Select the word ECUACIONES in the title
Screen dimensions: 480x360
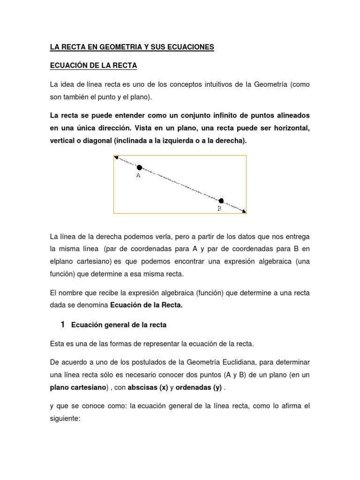pyautogui.click(x=190, y=47)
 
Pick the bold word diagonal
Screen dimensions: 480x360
pyautogui.click(x=93, y=140)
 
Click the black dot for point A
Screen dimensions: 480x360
pyautogui.click(x=139, y=167)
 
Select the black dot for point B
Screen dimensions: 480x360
pyautogui.click(x=221, y=201)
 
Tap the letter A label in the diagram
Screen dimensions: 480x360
pyautogui.click(x=138, y=176)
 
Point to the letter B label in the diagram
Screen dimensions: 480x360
pyautogui.click(x=219, y=209)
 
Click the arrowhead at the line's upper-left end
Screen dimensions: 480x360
pyautogui.click(x=117, y=158)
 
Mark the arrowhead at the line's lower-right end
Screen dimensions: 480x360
pyautogui.click(x=243, y=211)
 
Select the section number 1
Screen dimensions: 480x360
pyautogui.click(x=62, y=324)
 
